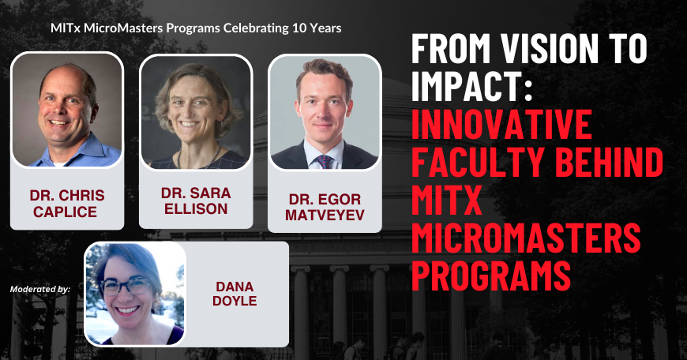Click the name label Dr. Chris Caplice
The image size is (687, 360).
(x=66, y=202)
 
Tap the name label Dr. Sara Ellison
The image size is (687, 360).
(x=195, y=202)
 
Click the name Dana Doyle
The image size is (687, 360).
(x=236, y=294)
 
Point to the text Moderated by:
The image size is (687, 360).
(x=40, y=289)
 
